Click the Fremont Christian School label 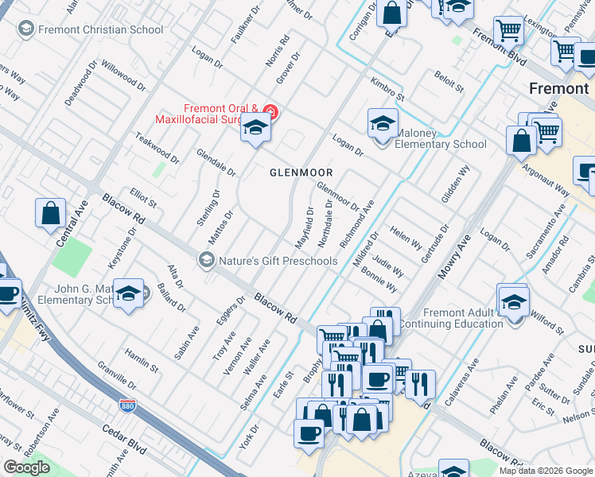tap(99, 30)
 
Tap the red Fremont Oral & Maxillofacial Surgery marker tap(270, 112)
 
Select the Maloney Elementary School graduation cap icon tap(383, 125)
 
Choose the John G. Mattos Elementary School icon tap(128, 294)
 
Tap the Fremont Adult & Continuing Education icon tap(513, 301)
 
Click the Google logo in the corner tap(26, 467)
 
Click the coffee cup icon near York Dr tap(308, 435)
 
